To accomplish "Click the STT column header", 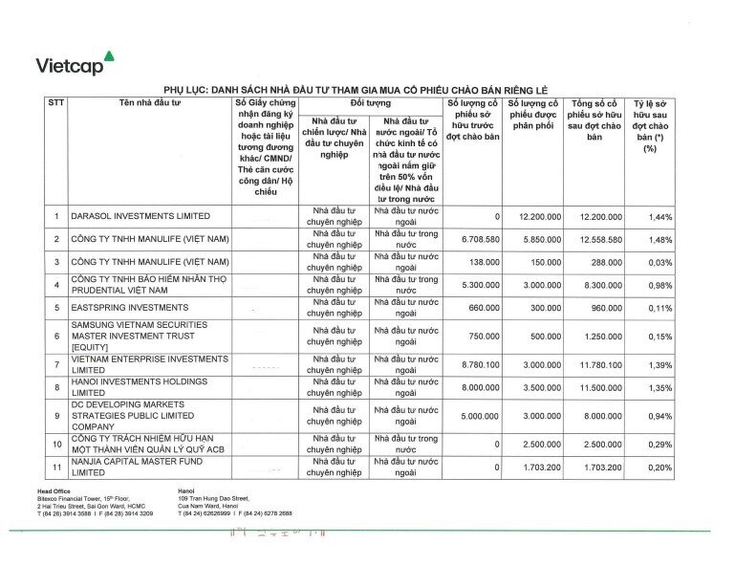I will tap(55, 102).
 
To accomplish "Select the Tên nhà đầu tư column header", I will tap(150, 102).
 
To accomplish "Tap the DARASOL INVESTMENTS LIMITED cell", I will tap(139, 217).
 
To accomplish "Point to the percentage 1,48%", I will tap(659, 239).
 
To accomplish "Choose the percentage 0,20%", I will tap(659, 467).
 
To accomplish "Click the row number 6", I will tap(55, 337).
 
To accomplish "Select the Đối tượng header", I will tap(370, 102).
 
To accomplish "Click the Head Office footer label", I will tap(54, 490).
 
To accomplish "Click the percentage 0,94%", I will tap(659, 417).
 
